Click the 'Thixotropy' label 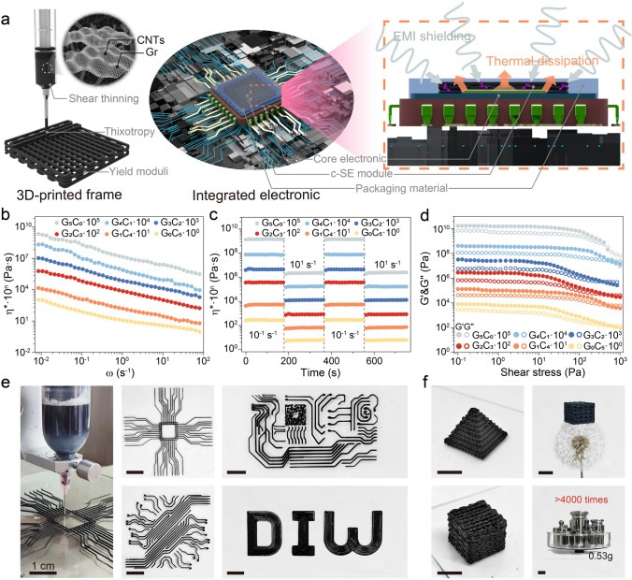(x=162, y=136)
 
